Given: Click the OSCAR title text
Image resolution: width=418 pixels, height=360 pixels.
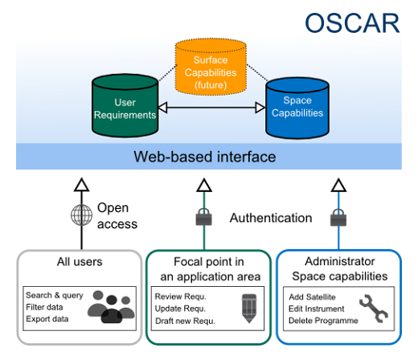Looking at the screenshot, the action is [x=352, y=23].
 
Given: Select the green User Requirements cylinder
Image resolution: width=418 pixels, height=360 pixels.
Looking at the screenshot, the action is [x=125, y=105].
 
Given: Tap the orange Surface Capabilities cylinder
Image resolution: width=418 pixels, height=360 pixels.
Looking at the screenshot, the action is [x=211, y=67].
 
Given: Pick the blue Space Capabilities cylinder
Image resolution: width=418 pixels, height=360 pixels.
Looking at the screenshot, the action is [x=297, y=108].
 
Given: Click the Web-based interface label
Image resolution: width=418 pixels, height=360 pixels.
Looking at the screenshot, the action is [x=205, y=157].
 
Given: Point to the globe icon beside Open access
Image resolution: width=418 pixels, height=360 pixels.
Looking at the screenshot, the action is [x=81, y=215].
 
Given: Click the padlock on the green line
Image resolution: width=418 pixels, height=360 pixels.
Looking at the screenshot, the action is [x=204, y=217].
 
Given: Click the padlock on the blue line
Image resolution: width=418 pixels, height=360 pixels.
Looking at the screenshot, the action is [x=338, y=218].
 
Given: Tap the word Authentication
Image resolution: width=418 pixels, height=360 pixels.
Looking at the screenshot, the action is [x=271, y=218].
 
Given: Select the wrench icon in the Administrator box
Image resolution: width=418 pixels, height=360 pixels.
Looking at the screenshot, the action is [x=374, y=309].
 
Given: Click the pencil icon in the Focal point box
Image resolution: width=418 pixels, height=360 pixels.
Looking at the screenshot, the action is [x=249, y=309].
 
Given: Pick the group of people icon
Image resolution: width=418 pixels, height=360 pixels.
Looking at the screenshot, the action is [x=111, y=307].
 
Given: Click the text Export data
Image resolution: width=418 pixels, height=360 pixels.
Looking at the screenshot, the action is [x=47, y=319].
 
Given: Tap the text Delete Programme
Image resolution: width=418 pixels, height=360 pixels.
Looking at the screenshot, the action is [x=323, y=321].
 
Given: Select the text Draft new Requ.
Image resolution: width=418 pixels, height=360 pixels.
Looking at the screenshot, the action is [x=185, y=321].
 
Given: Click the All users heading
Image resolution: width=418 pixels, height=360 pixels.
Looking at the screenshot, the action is [x=80, y=262].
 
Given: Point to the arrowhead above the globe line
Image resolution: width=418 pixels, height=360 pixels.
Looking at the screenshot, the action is [x=81, y=185].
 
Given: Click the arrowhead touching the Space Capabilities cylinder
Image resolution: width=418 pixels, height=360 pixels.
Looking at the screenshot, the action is [x=260, y=108].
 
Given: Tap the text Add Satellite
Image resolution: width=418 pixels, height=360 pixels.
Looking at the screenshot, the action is [x=312, y=297].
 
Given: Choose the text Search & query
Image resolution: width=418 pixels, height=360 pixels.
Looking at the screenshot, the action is [x=55, y=296].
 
